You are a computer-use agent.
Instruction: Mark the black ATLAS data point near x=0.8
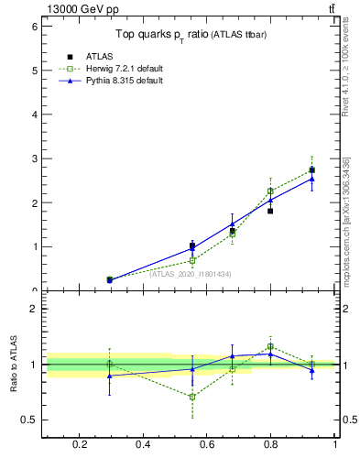tap(270, 211)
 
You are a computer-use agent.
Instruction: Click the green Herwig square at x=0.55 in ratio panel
tap(192, 397)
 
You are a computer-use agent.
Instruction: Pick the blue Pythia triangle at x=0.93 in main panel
tap(311, 179)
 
